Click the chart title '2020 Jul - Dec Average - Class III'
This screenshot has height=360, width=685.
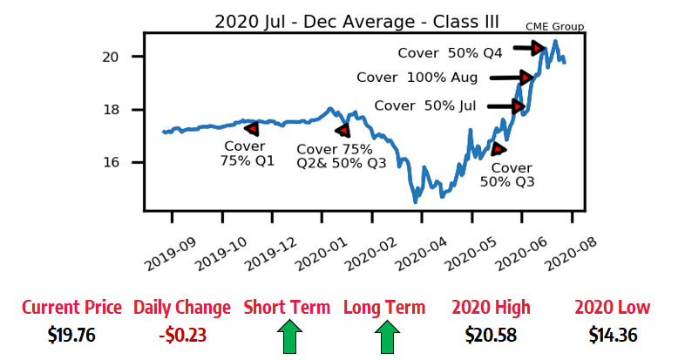tap(356, 22)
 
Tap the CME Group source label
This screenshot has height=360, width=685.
tap(554, 27)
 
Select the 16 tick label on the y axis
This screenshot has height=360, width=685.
tap(111, 162)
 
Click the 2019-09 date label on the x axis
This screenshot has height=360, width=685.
tap(170, 254)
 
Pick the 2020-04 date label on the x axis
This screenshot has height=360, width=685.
tap(421, 254)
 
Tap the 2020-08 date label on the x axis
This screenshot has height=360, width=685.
tap(571, 254)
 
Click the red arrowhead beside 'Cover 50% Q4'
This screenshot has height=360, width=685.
tap(539, 48)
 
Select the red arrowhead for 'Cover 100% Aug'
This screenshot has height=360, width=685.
tap(526, 78)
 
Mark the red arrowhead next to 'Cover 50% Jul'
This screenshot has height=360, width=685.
tap(519, 106)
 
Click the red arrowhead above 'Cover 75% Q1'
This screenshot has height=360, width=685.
tap(252, 128)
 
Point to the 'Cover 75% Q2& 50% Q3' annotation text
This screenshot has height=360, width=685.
tap(341, 156)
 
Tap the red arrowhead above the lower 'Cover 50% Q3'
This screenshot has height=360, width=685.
tap(498, 149)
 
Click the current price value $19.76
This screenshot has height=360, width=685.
tap(71, 335)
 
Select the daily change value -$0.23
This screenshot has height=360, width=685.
tap(183, 335)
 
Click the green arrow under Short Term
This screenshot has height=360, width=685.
tap(289, 336)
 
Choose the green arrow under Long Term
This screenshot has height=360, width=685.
tap(387, 336)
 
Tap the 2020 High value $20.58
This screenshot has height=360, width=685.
tap(491, 335)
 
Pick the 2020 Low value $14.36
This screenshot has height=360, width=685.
tap(613, 335)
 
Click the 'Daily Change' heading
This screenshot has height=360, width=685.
tap(182, 308)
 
